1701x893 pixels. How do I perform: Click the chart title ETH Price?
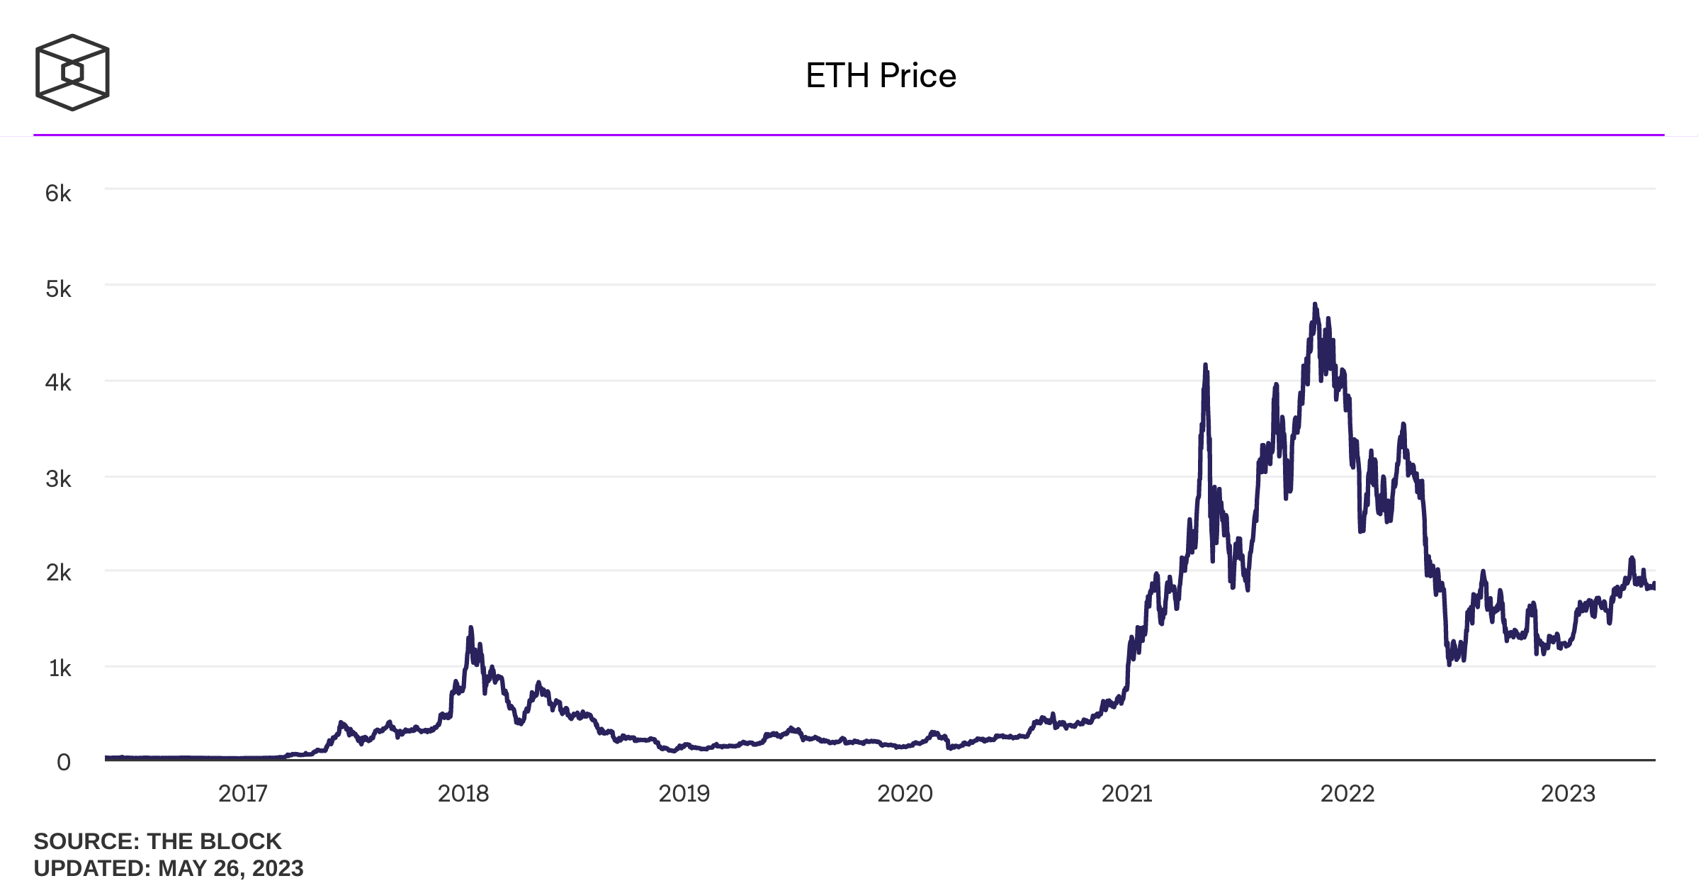881,75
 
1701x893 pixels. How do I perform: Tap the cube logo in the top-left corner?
72,72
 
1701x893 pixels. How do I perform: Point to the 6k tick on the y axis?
58,193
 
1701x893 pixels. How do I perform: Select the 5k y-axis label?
58,289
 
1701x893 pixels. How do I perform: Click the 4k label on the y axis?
58,383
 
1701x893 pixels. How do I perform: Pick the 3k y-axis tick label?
58,479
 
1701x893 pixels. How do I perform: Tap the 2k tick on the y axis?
58,573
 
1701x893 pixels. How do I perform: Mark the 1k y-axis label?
60,668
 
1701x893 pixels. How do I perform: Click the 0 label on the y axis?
64,763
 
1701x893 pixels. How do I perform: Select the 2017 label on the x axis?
243,794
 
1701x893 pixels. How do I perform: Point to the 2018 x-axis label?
463,794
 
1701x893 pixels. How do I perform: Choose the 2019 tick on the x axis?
684,794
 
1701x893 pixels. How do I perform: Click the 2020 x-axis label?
905,794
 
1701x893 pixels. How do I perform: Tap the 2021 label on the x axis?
1127,794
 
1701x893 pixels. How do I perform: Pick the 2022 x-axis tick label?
1347,794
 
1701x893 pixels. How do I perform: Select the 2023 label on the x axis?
1569,794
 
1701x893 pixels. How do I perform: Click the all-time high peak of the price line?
1315,305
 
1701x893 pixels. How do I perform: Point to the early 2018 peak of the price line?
470,629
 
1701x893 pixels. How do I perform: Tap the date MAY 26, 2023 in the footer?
231,868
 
